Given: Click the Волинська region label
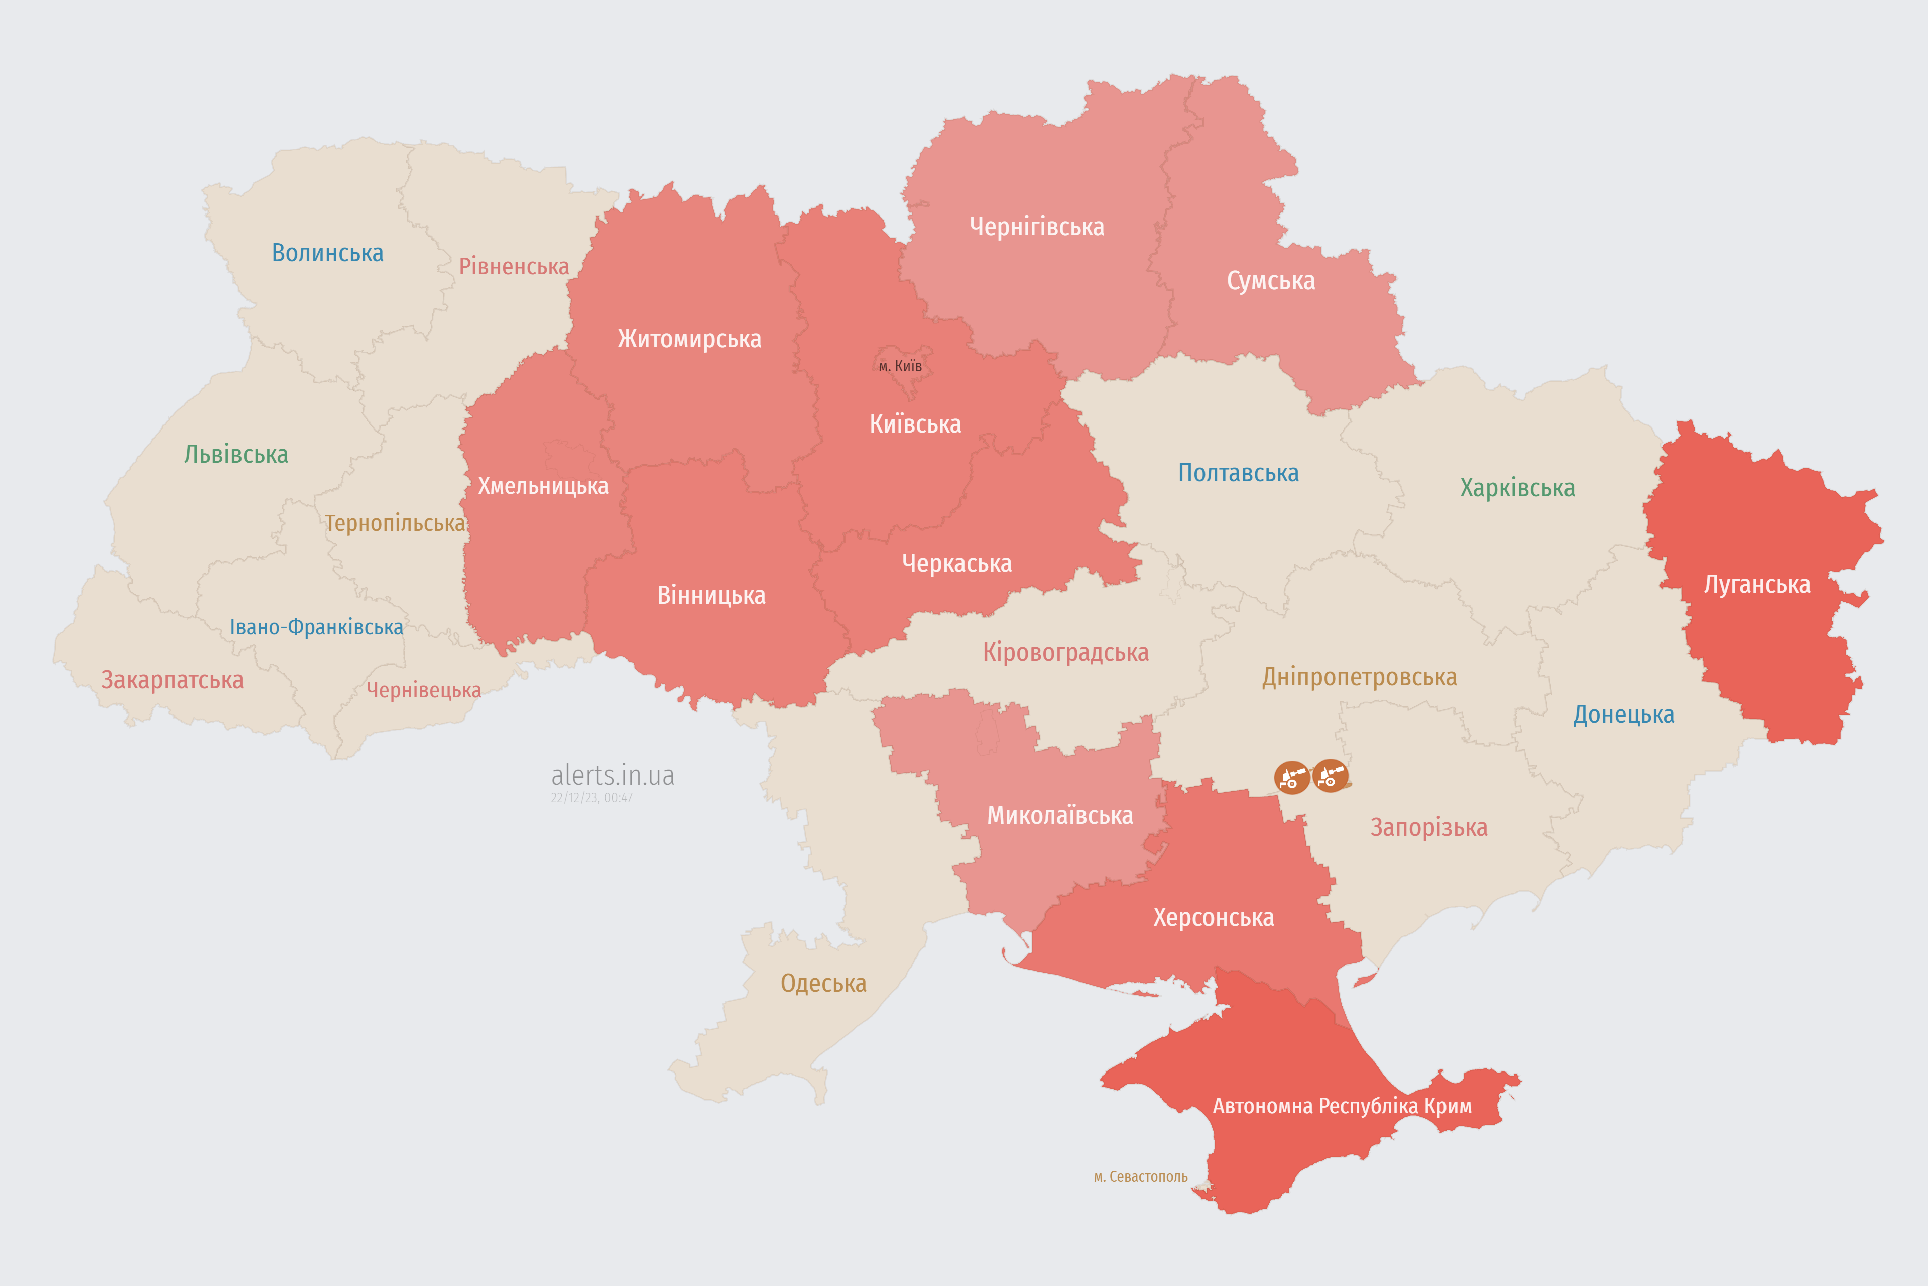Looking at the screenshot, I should pos(327,253).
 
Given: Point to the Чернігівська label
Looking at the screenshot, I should pos(1036,227).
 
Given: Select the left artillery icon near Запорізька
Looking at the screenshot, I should pos(1291,777).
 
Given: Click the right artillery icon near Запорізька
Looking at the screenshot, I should pos(1330,775).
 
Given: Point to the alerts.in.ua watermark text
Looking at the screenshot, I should pos(613,775).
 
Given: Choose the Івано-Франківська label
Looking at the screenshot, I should pos(316,627).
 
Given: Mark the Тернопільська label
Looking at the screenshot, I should pos(394,523).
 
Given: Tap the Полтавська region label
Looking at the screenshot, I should pos(1238,473).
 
